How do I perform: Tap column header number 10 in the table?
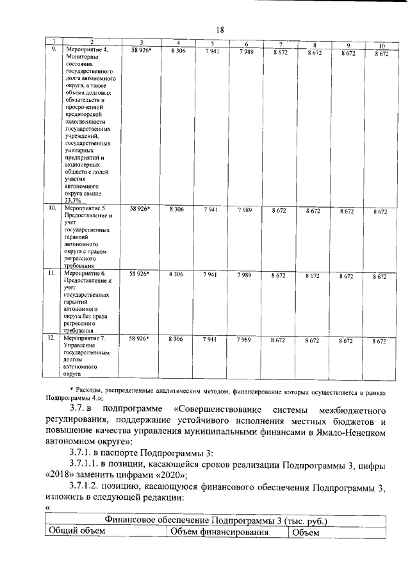click(381, 46)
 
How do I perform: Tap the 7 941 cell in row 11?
click(211, 274)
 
